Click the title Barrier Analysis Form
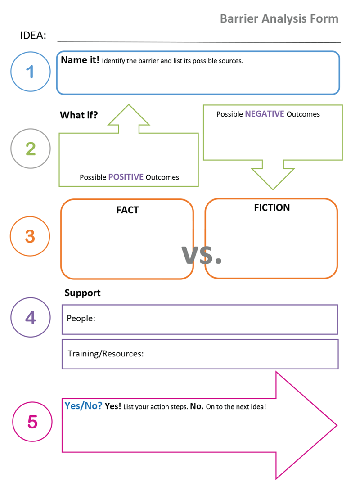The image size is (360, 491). tap(279, 19)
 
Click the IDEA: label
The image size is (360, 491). tap(33, 36)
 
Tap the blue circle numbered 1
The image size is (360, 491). tap(30, 72)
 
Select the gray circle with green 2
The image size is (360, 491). tap(30, 149)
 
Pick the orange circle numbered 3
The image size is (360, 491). tap(30, 236)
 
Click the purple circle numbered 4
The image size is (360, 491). tap(30, 317)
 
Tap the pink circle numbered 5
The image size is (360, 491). tap(32, 422)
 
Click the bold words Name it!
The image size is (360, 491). tap(80, 60)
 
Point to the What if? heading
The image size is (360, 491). tap(79, 115)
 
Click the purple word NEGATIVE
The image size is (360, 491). tap(264, 114)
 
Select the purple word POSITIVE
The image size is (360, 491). tap(126, 177)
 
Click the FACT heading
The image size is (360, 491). tap(127, 210)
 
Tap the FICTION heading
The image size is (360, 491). tap(272, 207)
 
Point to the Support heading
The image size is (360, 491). tap(82, 293)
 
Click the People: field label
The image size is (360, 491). tap(81, 318)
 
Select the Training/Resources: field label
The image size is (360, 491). tap(106, 353)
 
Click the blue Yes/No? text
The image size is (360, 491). tap(83, 405)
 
